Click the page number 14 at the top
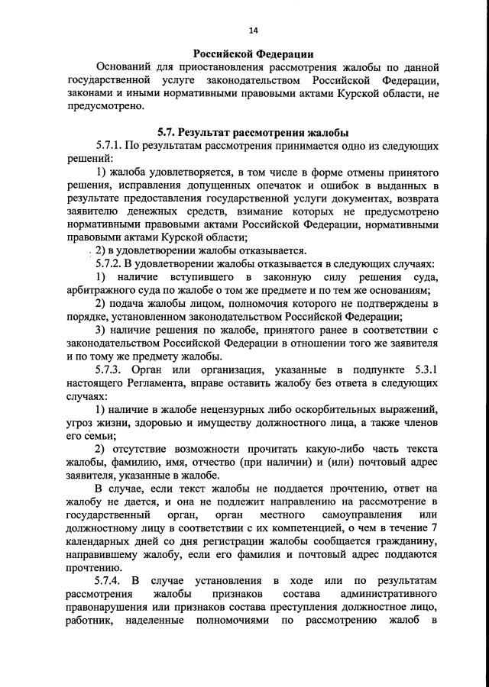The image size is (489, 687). pyautogui.click(x=253, y=29)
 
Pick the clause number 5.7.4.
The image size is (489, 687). pyautogui.click(x=111, y=581)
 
